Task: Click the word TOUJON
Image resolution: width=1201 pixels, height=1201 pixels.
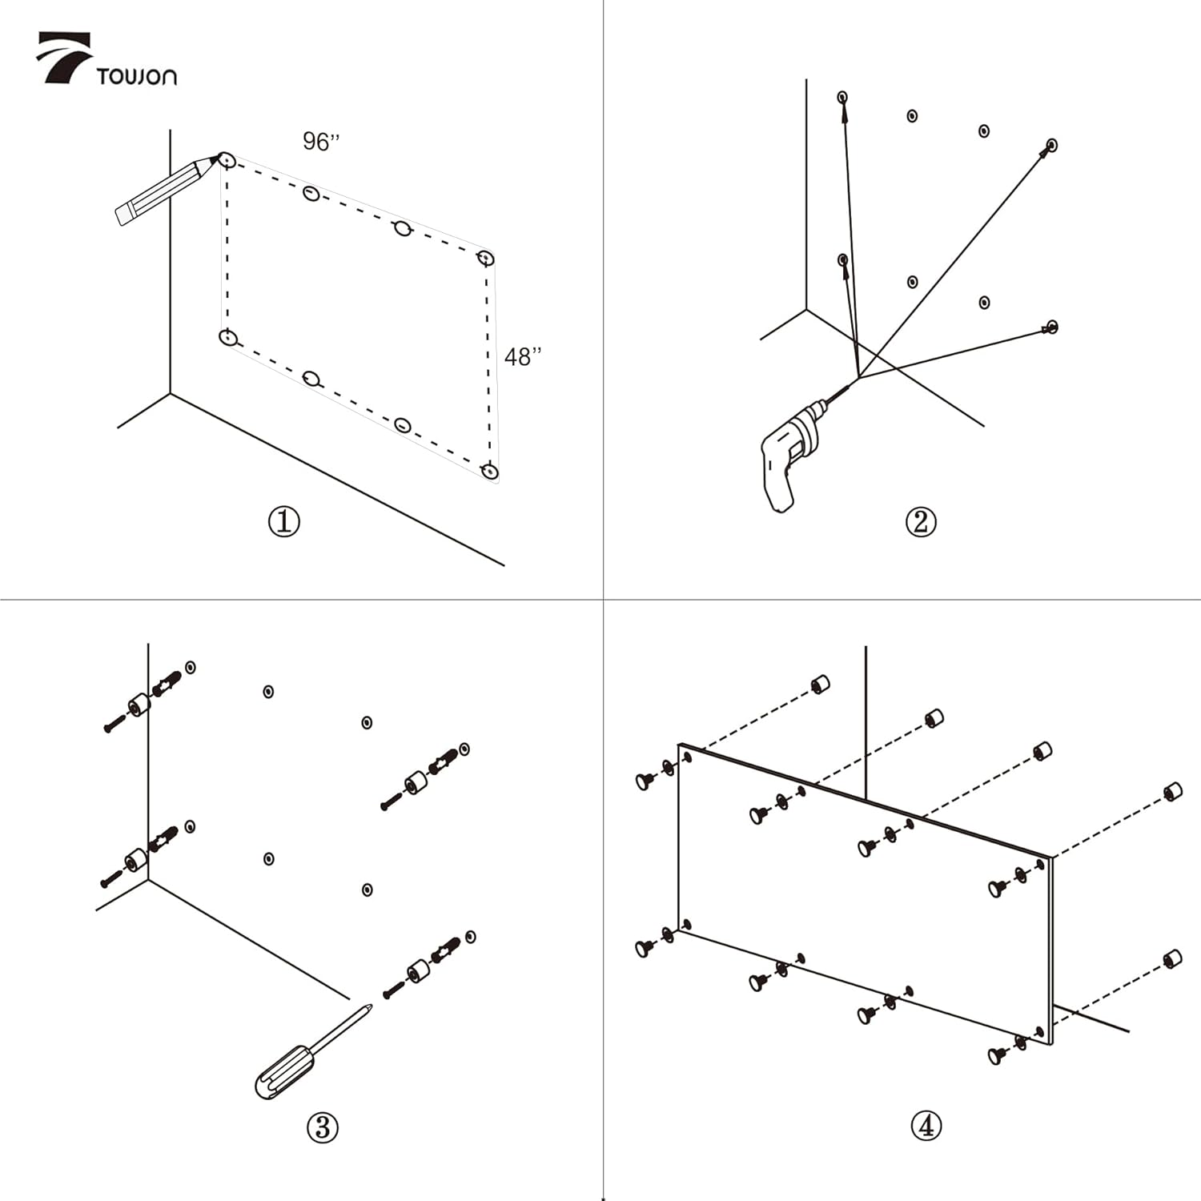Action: [136, 77]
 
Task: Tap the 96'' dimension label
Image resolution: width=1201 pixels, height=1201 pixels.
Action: [321, 142]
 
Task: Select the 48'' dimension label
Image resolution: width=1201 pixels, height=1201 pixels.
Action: [523, 356]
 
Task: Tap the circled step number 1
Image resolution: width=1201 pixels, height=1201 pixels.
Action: [283, 522]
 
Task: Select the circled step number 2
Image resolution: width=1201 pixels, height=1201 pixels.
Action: [921, 522]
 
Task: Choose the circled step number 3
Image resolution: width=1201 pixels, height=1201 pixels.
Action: [323, 1127]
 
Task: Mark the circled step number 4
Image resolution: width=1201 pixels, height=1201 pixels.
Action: [926, 1126]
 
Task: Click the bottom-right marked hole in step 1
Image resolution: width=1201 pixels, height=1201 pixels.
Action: [490, 472]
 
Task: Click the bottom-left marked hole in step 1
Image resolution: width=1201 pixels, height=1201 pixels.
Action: [229, 338]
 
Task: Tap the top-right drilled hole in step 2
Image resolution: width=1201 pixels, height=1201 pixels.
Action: [1052, 145]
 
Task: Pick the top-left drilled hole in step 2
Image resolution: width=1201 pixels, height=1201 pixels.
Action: [842, 97]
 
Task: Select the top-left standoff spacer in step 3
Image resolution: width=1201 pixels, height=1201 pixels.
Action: [139, 705]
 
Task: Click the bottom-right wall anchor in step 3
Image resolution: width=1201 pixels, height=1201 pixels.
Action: [446, 950]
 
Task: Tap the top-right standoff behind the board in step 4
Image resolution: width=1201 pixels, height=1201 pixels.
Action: [1172, 792]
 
